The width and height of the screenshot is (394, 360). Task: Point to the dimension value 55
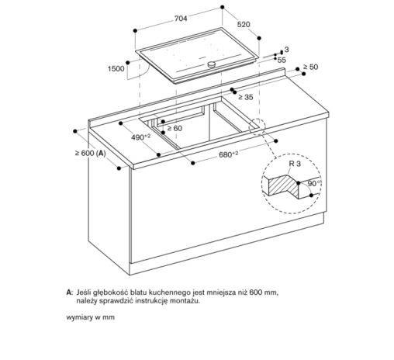point(282,60)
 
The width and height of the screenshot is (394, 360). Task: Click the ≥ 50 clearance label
point(311,68)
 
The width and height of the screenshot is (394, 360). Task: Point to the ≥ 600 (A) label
point(91,154)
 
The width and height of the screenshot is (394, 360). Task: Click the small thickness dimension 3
point(285,49)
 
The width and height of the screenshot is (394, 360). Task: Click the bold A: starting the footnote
point(71,291)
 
